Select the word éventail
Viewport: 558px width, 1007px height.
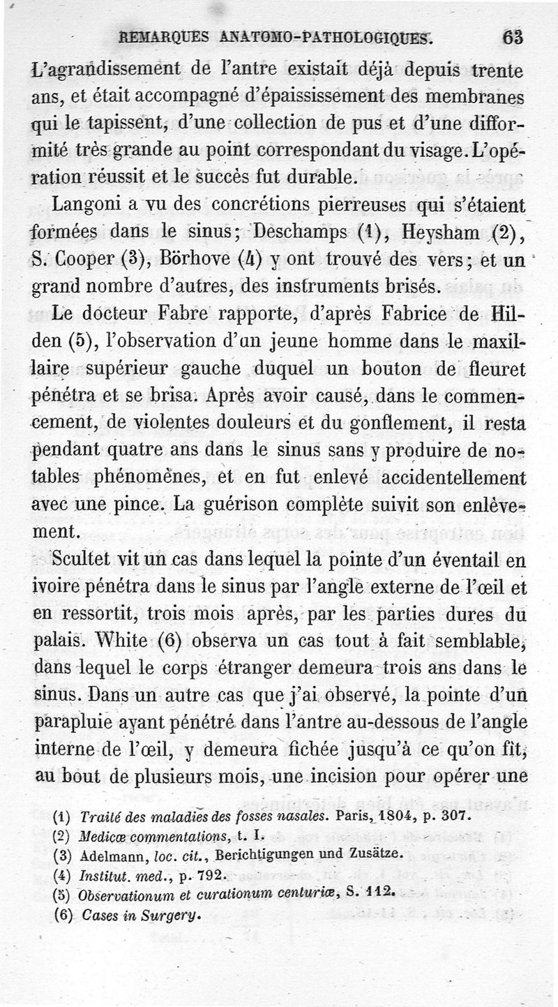(472, 560)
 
